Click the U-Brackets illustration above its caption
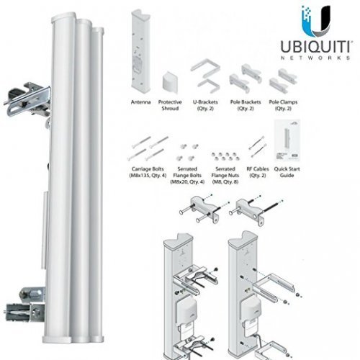(204, 78)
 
